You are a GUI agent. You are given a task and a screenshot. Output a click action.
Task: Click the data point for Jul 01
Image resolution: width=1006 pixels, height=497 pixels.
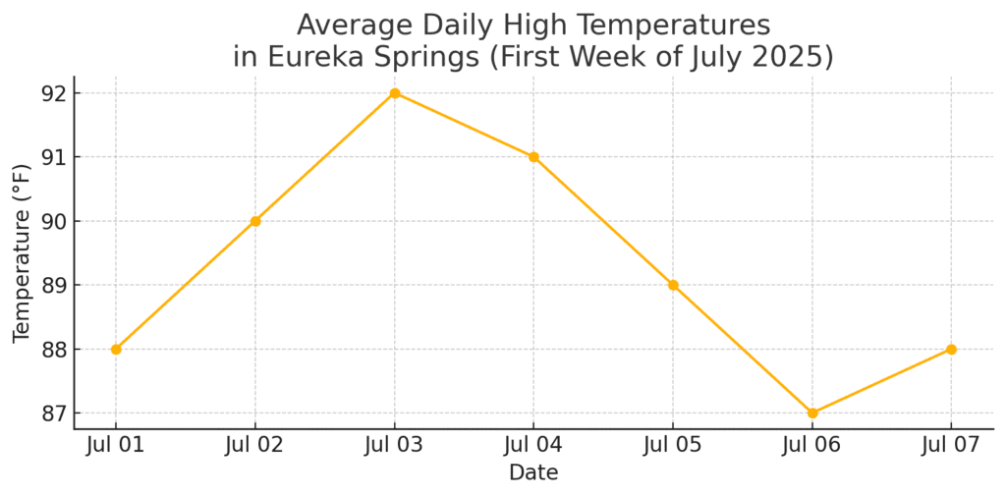[116, 349]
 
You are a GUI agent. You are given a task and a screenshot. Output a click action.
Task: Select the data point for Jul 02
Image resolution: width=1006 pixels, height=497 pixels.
[255, 221]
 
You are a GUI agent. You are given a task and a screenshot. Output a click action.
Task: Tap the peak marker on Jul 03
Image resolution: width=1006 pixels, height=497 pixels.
[395, 93]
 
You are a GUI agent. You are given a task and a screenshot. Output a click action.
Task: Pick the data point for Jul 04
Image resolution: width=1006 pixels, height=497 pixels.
[533, 157]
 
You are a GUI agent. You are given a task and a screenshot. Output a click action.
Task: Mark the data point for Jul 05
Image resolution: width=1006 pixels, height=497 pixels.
[673, 285]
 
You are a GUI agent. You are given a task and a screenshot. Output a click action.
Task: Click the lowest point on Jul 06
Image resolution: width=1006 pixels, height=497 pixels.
[812, 413]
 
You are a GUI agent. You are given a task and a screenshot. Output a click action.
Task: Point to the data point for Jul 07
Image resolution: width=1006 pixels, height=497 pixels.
[951, 349]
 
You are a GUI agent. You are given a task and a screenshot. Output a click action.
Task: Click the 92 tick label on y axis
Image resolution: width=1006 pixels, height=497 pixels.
[55, 93]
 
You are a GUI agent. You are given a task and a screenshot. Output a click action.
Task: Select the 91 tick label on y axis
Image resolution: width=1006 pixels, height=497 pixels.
[55, 157]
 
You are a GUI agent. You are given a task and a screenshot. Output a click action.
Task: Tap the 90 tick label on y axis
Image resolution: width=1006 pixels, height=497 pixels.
[55, 221]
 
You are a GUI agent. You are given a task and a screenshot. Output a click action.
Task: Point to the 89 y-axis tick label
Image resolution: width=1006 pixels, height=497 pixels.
[55, 285]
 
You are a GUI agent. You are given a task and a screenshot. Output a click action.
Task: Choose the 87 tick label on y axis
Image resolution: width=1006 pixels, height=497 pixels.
[55, 413]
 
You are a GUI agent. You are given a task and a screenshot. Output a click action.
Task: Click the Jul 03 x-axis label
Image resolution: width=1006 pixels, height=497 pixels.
[395, 445]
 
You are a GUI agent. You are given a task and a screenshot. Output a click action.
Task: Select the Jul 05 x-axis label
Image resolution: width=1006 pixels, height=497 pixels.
[673, 445]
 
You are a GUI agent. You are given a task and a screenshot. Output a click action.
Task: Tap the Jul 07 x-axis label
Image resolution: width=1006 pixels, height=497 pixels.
[951, 445]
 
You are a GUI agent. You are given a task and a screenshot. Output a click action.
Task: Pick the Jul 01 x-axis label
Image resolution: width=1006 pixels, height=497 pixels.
[116, 445]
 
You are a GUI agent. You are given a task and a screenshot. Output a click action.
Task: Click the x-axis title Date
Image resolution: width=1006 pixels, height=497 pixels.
[533, 473]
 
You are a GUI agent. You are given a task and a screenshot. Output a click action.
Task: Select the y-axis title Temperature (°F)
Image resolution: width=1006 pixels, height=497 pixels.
[22, 252]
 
